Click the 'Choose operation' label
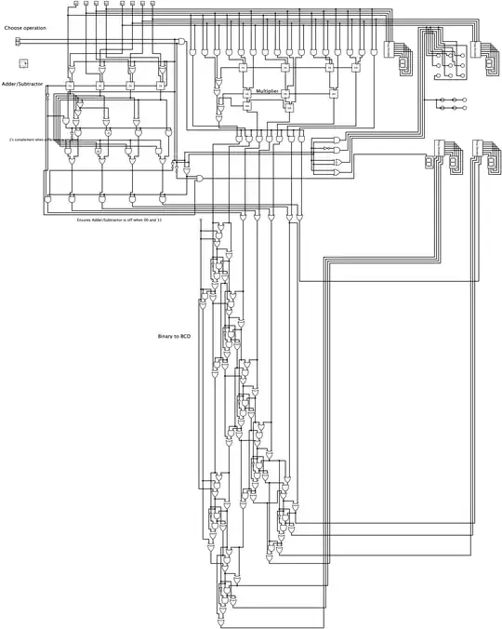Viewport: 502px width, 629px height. click(25, 28)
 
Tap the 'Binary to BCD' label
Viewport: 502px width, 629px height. click(174, 335)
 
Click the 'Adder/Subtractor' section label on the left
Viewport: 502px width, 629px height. click(23, 83)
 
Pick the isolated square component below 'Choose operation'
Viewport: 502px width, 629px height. click(23, 62)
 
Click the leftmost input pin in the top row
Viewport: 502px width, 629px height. click(74, 5)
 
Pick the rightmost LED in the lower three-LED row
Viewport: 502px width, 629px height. click(463, 100)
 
